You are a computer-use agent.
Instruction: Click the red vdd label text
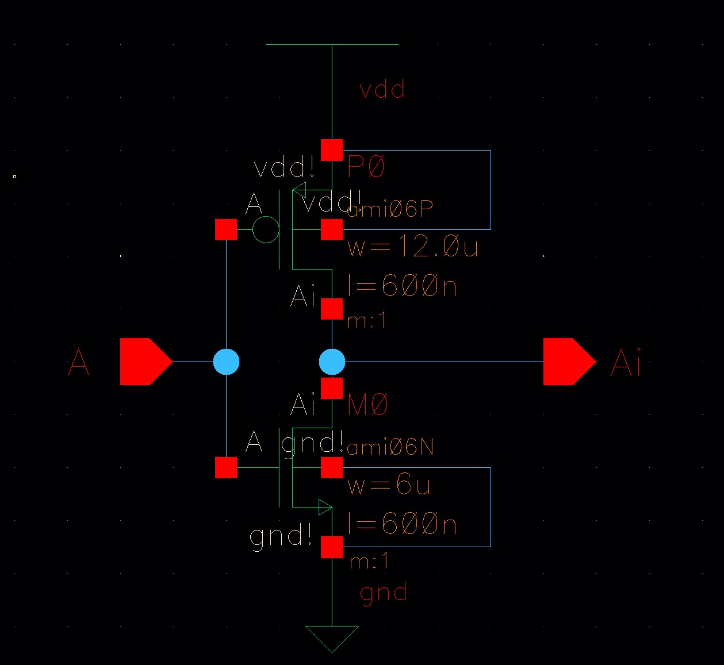(x=382, y=90)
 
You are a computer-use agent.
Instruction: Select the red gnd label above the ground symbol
(x=384, y=592)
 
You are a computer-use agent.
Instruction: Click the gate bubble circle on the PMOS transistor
(x=266, y=230)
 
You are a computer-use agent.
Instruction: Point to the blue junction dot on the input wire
(x=226, y=362)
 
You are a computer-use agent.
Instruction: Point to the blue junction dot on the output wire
(x=332, y=362)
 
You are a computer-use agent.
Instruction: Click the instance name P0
(x=366, y=167)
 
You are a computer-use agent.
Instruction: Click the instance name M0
(x=368, y=406)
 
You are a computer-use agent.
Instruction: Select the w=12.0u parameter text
(x=413, y=247)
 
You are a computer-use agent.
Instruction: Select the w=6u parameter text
(x=389, y=486)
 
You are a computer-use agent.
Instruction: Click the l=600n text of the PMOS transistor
(x=402, y=286)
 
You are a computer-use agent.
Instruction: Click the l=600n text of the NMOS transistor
(x=402, y=525)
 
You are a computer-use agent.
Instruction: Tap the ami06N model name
(x=390, y=447)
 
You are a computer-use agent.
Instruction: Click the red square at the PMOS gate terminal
(x=226, y=230)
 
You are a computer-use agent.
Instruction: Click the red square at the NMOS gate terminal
(x=226, y=467)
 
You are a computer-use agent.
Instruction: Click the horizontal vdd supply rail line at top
(x=332, y=44)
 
